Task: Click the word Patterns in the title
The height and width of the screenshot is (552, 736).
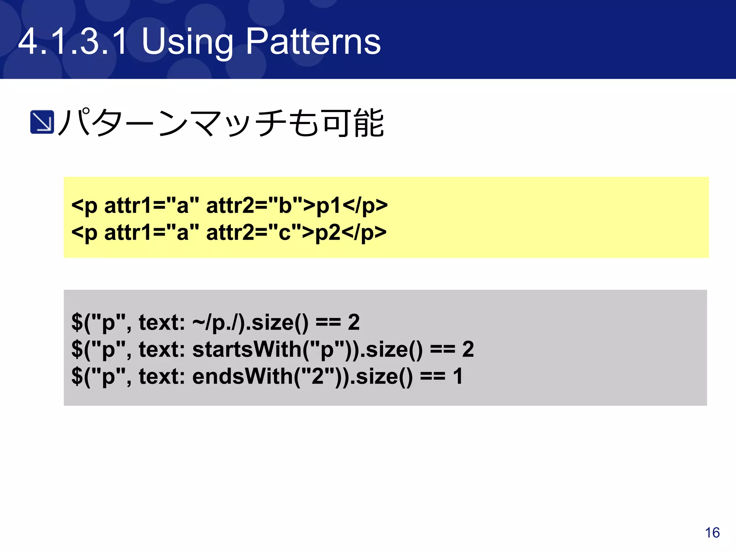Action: pos(313,42)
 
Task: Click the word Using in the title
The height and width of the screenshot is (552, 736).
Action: pos(187,42)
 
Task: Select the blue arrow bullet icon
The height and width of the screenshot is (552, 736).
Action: pos(42,122)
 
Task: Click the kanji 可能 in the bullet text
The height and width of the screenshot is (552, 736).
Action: pos(353,123)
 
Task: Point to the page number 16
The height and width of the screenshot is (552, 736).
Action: pos(712,533)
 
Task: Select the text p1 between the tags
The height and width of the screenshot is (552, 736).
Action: pos(328,206)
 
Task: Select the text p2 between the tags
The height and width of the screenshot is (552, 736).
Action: pos(327,233)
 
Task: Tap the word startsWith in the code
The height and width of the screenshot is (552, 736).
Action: pos(247,349)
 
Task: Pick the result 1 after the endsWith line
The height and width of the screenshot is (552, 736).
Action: pos(457,376)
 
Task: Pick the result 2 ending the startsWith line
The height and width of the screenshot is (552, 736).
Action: pos(468,349)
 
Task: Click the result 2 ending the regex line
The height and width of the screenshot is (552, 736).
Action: pos(354,322)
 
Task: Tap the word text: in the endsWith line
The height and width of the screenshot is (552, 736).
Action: pos(162,376)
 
